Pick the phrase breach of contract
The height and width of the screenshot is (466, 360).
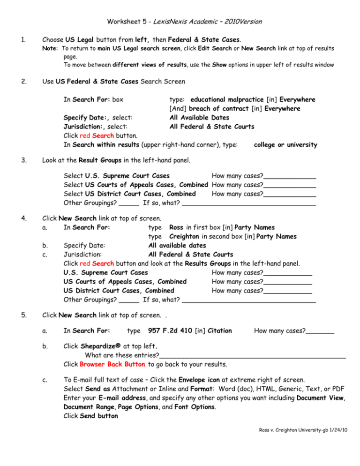pos(223,108)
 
